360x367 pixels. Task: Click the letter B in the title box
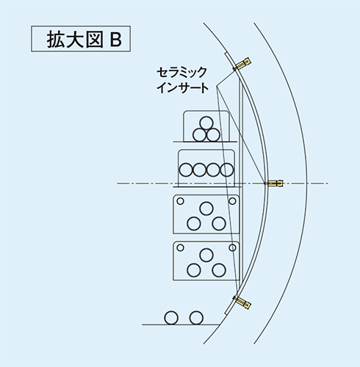coord(116,40)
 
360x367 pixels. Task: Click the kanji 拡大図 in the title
coord(75,40)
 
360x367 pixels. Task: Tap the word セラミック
coord(181,73)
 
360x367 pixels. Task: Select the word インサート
coord(183,87)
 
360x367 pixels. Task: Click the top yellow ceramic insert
coord(243,63)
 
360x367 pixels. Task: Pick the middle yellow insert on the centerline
coord(276,183)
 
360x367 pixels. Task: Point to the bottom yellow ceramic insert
coord(243,302)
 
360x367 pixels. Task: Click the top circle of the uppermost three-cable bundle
coord(206,123)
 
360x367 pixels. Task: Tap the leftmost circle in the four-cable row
coord(186,170)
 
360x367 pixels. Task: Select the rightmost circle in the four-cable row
coord(227,170)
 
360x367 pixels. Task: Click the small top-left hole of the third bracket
coord(180,201)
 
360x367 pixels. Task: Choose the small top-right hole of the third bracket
coord(232,201)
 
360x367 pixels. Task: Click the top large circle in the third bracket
coord(206,208)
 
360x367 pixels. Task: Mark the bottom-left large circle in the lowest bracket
coord(194,270)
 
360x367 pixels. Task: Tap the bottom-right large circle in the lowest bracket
coord(219,270)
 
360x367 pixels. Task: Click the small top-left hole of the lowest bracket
coord(180,247)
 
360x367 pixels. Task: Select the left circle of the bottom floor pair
coord(171,318)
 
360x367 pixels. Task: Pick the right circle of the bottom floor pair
coord(196,318)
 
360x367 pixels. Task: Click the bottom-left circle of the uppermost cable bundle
coord(200,135)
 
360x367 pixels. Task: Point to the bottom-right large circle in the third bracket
coord(219,224)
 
